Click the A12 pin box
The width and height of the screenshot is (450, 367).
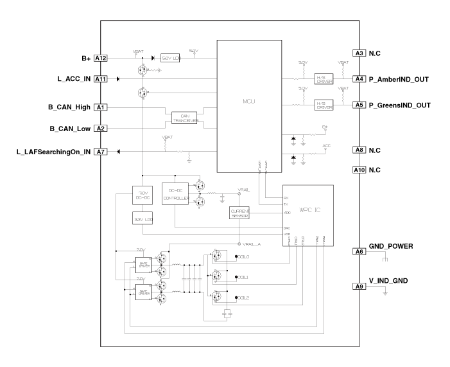tap(101, 58)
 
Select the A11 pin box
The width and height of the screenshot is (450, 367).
tap(101, 79)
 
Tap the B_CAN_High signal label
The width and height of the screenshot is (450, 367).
tap(69, 107)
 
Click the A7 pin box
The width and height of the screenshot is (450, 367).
tap(101, 152)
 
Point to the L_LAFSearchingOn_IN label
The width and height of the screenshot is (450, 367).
tap(49, 152)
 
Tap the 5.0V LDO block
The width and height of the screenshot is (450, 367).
tap(170, 58)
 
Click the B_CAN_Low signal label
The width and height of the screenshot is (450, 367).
tap(71, 128)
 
